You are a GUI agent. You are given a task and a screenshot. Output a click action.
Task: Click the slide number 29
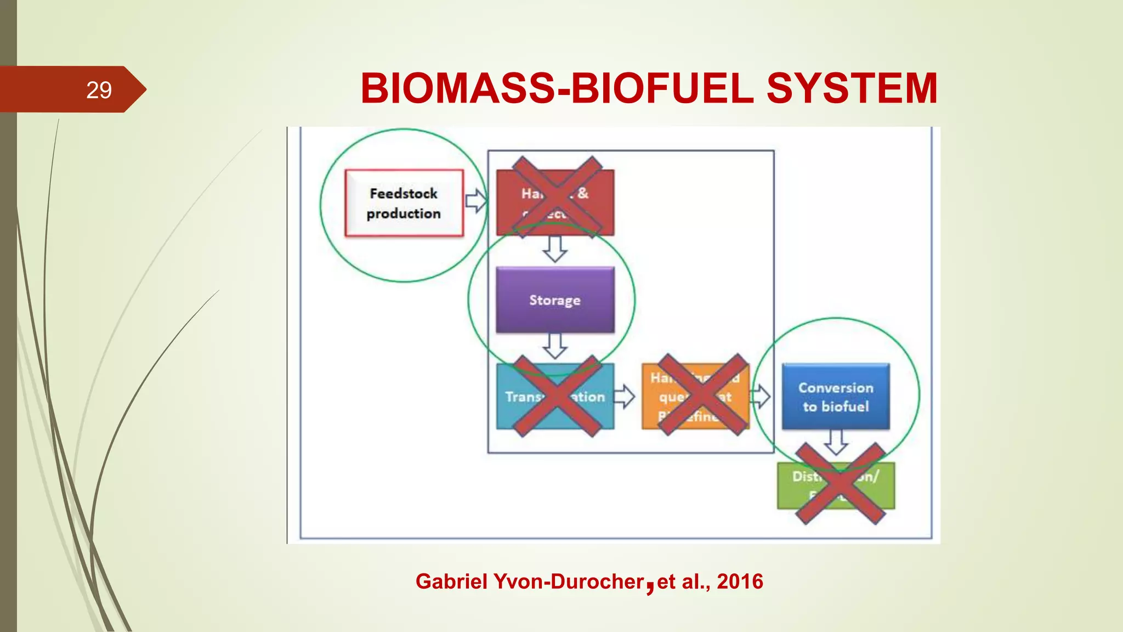(x=99, y=90)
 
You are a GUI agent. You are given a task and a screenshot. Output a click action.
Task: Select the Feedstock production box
(x=404, y=204)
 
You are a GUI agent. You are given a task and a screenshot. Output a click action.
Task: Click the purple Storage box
(x=555, y=300)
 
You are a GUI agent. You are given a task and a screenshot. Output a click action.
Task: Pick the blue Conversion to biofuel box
(x=836, y=397)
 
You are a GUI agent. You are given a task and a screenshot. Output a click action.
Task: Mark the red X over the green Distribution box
(x=840, y=484)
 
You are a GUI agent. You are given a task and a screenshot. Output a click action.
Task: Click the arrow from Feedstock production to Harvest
(x=476, y=201)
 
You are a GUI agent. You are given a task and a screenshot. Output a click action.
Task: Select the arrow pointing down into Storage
(x=555, y=249)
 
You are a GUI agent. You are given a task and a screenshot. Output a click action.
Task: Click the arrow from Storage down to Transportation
(x=555, y=346)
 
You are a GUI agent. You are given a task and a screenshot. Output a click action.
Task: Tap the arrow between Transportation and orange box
(x=624, y=396)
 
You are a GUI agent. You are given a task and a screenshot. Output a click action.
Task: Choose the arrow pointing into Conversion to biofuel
(x=761, y=396)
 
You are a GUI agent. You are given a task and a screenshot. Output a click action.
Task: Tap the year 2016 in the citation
(x=740, y=582)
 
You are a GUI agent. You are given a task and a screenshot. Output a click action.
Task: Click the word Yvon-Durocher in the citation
(x=569, y=582)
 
